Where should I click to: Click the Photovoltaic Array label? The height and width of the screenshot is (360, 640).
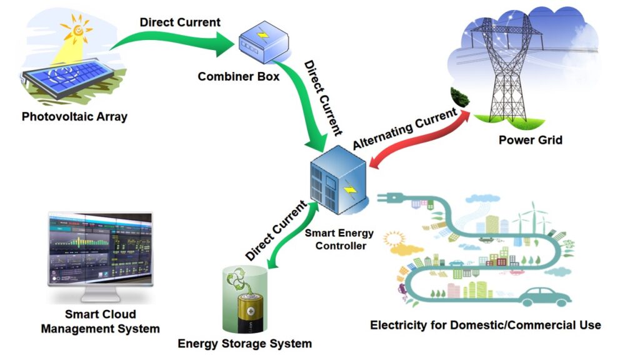(74, 116)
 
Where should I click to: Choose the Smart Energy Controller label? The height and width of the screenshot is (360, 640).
(339, 239)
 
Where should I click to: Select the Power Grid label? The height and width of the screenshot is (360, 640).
(530, 140)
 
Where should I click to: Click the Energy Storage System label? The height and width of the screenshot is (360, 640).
(244, 343)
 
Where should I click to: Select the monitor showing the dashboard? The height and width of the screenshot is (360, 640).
(101, 250)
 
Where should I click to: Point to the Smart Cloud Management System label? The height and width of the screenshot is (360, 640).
(101, 321)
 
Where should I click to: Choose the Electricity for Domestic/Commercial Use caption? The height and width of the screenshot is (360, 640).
(486, 325)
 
